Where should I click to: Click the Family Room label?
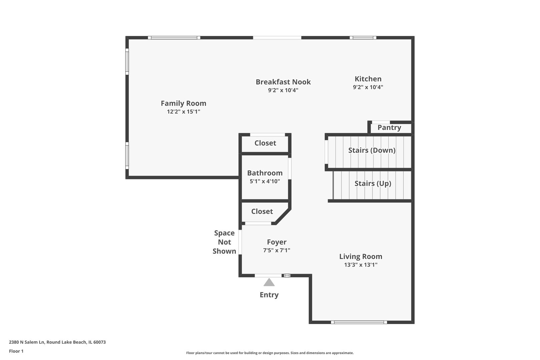point(183,103)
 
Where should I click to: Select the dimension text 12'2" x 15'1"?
point(183,112)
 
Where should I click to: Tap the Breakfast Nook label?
point(283,82)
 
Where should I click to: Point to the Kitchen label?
point(368,79)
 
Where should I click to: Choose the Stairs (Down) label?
point(372,150)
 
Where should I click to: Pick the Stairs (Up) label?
point(373,183)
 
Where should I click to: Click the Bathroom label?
point(265,173)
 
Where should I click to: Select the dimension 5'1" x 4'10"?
point(265,181)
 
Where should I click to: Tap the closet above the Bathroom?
point(265,143)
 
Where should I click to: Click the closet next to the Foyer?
point(262,211)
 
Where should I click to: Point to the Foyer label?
point(277,242)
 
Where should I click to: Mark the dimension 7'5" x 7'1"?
point(277,250)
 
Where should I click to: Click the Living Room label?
point(361,256)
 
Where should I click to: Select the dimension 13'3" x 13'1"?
point(361,265)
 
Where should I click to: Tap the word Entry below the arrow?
point(269,295)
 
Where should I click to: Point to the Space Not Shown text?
point(224,242)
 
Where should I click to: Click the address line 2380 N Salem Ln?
point(57,342)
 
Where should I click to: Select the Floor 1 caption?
point(16,351)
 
